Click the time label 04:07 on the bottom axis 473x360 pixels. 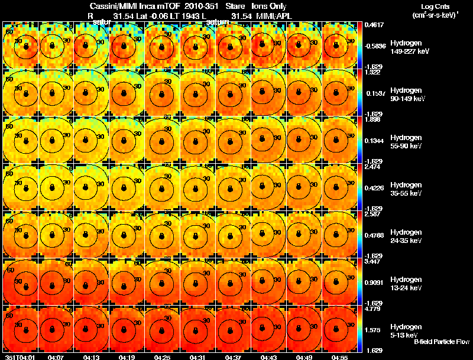click(x=56, y=356)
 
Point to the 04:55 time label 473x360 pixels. click(x=339, y=356)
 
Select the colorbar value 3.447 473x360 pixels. click(x=373, y=261)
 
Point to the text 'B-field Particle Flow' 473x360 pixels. click(x=442, y=342)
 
